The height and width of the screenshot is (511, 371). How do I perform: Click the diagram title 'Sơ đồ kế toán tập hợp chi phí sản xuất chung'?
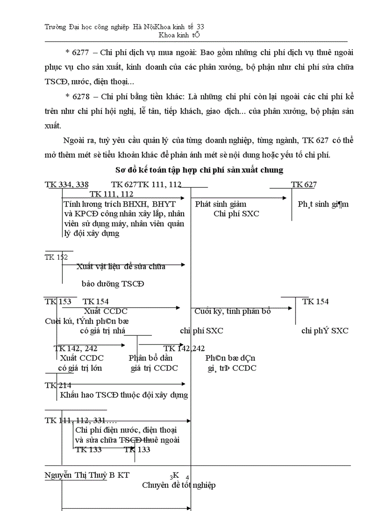point(200,170)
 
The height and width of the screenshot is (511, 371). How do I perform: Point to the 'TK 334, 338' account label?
point(66,184)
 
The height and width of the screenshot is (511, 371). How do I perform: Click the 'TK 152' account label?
point(56,257)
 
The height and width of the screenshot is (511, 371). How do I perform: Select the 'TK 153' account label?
point(58,301)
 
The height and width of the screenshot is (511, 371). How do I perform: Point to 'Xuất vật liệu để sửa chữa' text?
point(121,266)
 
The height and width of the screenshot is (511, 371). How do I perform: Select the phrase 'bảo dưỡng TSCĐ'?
point(113,283)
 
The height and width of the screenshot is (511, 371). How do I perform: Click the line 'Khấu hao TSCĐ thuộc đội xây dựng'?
point(124,395)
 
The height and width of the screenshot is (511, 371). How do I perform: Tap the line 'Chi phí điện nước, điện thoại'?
point(126,430)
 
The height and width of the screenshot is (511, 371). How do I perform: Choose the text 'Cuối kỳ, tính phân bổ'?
point(232,311)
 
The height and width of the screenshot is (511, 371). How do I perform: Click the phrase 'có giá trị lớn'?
point(80,368)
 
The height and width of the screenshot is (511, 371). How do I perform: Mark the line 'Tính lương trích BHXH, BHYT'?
point(120,204)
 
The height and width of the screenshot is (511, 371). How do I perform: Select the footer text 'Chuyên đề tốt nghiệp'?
point(179,485)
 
